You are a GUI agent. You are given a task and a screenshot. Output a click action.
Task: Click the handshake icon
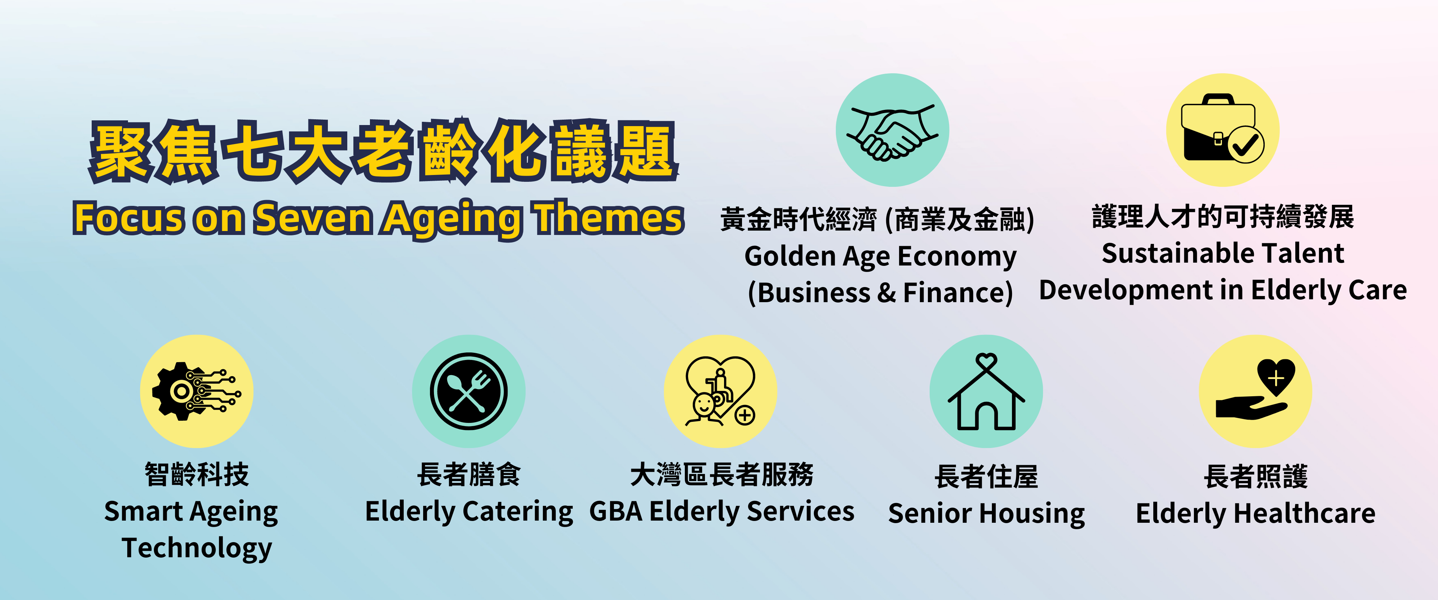(892, 132)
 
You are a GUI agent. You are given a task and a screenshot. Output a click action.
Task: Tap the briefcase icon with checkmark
(1223, 128)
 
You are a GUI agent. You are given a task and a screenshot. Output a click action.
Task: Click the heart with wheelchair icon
(720, 391)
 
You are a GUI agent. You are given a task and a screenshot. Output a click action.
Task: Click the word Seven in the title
(313, 218)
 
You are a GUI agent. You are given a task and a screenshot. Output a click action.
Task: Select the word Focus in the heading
(128, 218)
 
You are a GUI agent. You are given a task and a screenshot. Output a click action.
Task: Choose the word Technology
(197, 548)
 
